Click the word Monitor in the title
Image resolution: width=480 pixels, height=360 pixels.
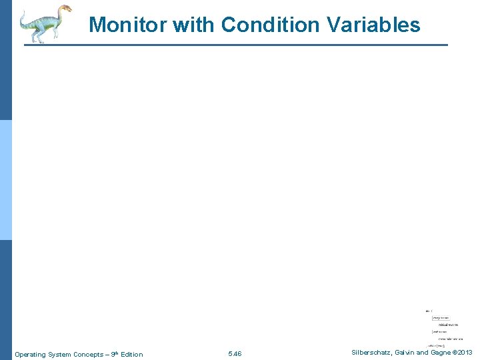[x=128, y=25]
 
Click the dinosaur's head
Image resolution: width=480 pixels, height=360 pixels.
[x=64, y=9]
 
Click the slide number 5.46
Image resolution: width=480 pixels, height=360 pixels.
[x=235, y=353]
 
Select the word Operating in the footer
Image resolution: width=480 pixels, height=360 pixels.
[x=32, y=354]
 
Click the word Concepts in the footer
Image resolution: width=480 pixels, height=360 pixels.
[x=87, y=354]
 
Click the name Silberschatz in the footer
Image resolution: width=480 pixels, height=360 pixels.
[x=371, y=353]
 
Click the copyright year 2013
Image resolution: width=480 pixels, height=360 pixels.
[x=464, y=353]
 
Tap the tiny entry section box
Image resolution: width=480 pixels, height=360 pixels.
[x=441, y=317]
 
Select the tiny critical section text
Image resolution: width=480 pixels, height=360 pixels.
[x=448, y=325]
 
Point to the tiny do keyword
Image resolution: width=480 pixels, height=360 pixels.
[x=427, y=311]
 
